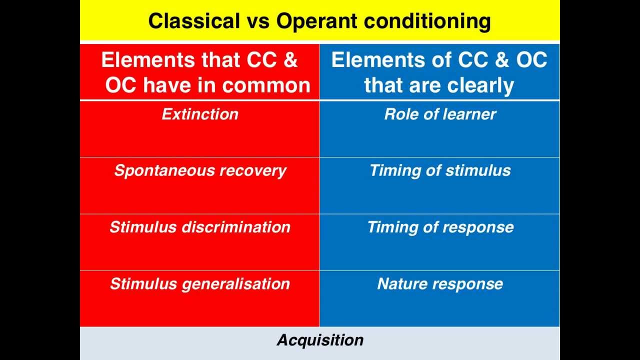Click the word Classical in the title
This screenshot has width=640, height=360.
(x=194, y=21)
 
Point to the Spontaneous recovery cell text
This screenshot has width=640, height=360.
(x=200, y=171)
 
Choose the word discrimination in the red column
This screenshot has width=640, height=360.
(x=236, y=227)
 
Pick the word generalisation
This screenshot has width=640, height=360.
(x=235, y=284)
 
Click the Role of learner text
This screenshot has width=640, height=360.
(x=440, y=114)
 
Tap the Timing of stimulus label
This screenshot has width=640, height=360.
(x=440, y=171)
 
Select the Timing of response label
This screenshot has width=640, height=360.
(x=440, y=227)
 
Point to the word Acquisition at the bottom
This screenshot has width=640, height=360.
(x=320, y=340)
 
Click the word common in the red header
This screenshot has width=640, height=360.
(x=266, y=85)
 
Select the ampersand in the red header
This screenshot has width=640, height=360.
(x=291, y=60)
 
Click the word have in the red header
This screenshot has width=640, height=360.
(x=167, y=85)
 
